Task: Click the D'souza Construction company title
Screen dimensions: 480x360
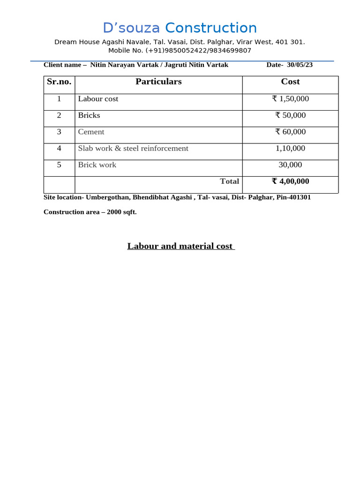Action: pyautogui.click(x=180, y=28)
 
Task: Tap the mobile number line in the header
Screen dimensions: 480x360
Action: pyautogui.click(x=180, y=51)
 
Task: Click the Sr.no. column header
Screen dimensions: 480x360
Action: pyautogui.click(x=59, y=82)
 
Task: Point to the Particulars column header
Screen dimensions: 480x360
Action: pyautogui.click(x=158, y=82)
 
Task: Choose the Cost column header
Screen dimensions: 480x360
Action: pyautogui.click(x=290, y=82)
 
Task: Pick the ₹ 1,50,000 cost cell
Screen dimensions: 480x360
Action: pyautogui.click(x=290, y=99)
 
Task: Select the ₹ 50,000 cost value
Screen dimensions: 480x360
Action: pyautogui.click(x=290, y=115)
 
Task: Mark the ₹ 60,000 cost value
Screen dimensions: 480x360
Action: pyautogui.click(x=290, y=132)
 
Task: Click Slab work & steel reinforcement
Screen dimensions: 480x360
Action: pyautogui.click(x=133, y=148)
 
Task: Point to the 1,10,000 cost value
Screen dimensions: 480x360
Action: pyautogui.click(x=290, y=148)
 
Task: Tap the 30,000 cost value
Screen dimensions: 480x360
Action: pyautogui.click(x=290, y=165)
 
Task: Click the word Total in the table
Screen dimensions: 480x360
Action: pyautogui.click(x=230, y=181)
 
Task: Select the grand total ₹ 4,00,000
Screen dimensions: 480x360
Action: pyautogui.click(x=290, y=181)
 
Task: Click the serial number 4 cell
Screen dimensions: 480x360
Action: pyautogui.click(x=59, y=148)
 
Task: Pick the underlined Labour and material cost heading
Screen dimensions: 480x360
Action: pyautogui.click(x=181, y=246)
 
